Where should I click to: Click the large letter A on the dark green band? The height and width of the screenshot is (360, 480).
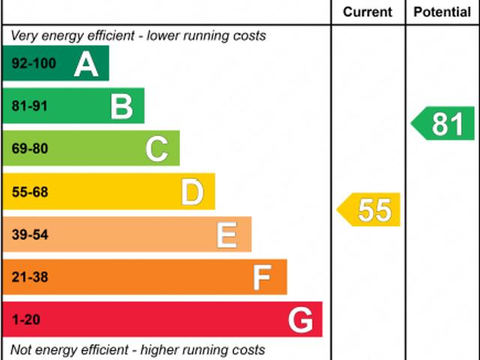[86, 64]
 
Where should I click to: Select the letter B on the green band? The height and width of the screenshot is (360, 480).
[121, 106]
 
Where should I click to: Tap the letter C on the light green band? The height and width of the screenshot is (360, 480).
[157, 149]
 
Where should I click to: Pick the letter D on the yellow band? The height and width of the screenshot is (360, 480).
[193, 193]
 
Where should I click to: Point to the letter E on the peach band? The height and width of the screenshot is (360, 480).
[227, 235]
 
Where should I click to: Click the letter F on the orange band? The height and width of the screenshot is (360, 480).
[262, 278]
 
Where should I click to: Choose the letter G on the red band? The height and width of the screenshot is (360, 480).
[301, 320]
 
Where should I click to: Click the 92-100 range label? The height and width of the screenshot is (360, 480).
[34, 64]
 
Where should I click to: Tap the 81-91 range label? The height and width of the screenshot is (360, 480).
[30, 106]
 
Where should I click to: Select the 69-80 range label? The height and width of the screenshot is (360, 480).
[30, 149]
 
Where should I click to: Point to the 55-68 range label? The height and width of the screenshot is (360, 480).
[30, 193]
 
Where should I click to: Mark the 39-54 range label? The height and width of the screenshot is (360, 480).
[30, 235]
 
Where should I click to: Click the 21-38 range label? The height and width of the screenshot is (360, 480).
[30, 277]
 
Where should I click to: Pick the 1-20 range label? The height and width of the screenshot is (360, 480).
[26, 320]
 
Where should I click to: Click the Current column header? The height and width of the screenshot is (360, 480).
[367, 12]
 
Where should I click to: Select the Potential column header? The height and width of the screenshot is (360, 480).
[442, 12]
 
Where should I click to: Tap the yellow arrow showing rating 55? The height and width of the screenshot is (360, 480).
[370, 210]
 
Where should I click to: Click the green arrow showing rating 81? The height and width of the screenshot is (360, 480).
[444, 124]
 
